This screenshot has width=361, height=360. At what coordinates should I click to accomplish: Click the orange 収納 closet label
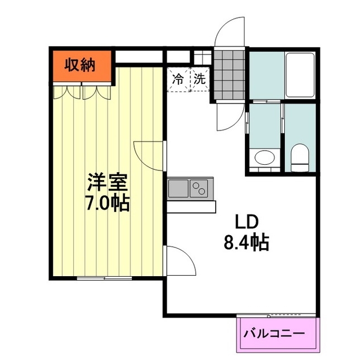(x=79, y=65)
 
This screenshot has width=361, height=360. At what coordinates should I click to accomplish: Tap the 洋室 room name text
(x=108, y=182)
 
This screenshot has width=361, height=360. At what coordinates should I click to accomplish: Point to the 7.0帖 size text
(x=108, y=203)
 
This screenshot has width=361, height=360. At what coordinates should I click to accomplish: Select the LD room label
(x=246, y=222)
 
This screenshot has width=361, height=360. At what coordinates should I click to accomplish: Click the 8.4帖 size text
(x=246, y=242)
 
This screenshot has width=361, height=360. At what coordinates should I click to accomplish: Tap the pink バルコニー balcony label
(x=274, y=334)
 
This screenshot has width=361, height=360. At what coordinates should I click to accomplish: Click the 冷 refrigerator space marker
(x=178, y=79)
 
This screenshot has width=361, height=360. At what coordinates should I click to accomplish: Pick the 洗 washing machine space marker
(x=199, y=79)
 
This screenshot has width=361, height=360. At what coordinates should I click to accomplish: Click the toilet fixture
(x=300, y=157)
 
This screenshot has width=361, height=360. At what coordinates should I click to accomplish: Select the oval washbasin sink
(x=265, y=157)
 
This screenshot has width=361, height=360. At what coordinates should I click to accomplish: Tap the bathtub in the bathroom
(x=300, y=75)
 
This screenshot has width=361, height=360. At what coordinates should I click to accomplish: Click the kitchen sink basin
(x=179, y=188)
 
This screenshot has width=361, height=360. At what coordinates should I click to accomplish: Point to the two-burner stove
(x=199, y=188)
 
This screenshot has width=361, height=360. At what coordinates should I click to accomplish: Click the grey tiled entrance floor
(x=229, y=75)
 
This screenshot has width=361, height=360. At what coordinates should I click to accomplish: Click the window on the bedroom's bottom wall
(x=104, y=278)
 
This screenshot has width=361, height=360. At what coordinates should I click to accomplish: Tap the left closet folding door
(x=67, y=92)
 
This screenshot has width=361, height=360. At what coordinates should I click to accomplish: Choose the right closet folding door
(x=97, y=92)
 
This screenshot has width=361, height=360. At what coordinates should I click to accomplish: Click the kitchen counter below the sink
(x=191, y=206)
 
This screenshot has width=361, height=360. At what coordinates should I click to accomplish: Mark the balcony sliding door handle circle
(x=268, y=317)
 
